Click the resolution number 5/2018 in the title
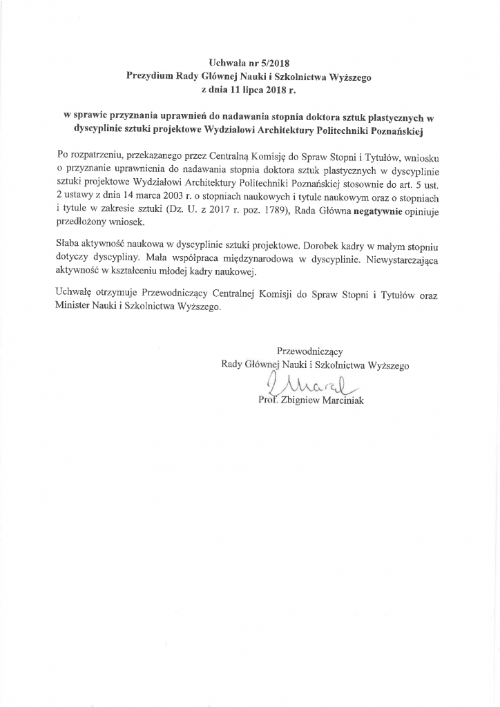(269, 64)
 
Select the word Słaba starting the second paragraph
(68, 245)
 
